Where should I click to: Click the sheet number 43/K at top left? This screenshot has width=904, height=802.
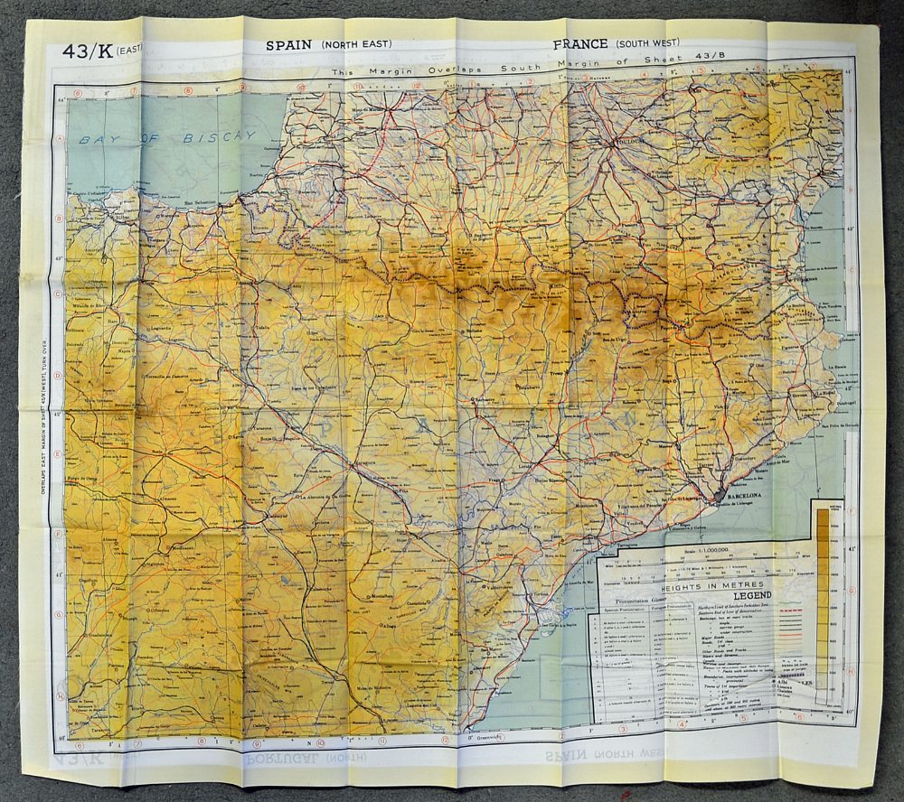pyautogui.click(x=87, y=51)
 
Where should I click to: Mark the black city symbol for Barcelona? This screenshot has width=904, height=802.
pyautogui.click(x=720, y=495)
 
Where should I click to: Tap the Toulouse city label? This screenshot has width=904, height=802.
pyautogui.click(x=628, y=142)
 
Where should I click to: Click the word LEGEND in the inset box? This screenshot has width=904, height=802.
pyautogui.click(x=758, y=596)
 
